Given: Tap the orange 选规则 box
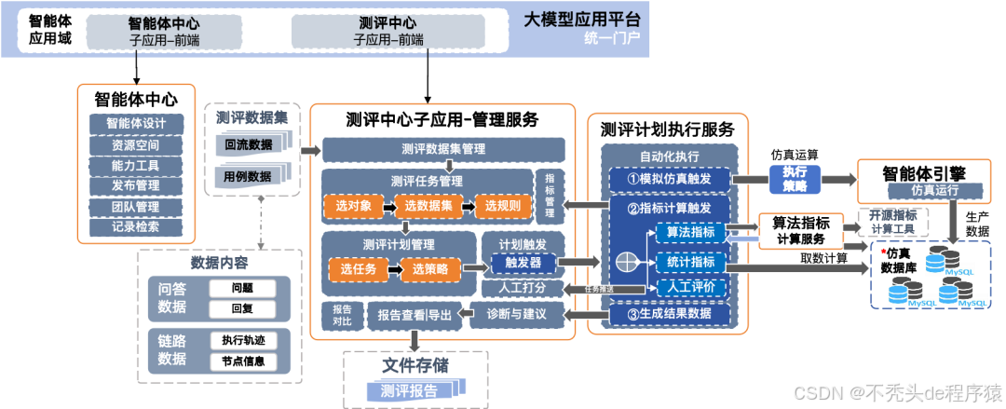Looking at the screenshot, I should point(502,205).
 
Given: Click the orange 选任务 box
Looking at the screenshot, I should point(357,269).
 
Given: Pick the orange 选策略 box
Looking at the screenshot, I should point(430,269).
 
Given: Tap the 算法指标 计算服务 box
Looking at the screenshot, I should point(802,230).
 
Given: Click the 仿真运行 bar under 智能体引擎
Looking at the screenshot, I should point(934,192).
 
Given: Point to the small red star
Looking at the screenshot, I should point(882,252).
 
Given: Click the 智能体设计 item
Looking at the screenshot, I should point(136,124).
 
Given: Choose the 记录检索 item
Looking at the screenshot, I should point(136,226).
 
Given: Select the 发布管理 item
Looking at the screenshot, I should point(136,185).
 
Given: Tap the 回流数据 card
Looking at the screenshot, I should point(249,144).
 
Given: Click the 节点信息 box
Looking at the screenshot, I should point(243,361).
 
